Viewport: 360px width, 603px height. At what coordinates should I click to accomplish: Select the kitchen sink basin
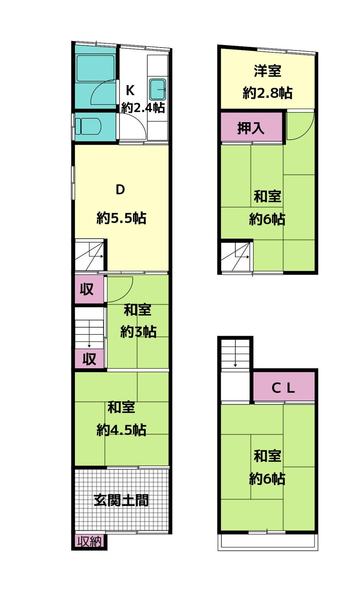[158, 89]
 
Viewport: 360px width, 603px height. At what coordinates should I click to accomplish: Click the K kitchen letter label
[130, 90]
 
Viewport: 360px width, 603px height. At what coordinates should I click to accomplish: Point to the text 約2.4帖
[143, 108]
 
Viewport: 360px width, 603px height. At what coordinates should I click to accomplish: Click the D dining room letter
[120, 190]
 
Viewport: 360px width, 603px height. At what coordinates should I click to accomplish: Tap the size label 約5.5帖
[121, 218]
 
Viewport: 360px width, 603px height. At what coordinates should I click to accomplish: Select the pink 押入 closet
[252, 127]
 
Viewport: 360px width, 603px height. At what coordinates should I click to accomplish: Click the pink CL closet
[284, 387]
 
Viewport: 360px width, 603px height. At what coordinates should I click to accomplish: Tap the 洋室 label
[267, 71]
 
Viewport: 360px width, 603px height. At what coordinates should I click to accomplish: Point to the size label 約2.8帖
[267, 93]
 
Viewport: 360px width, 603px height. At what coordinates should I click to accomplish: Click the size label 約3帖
[138, 332]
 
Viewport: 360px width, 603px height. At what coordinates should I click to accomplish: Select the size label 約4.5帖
[121, 430]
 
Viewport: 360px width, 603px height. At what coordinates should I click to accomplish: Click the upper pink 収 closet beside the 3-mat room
[87, 289]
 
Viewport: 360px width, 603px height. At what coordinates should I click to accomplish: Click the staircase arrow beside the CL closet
[235, 353]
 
